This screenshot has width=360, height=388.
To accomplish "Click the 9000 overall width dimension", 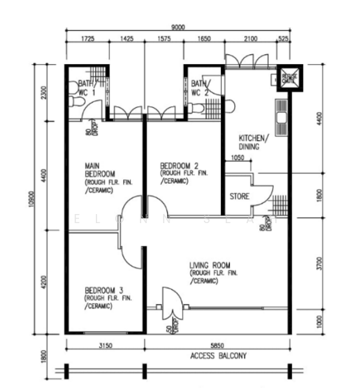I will [x=178, y=27].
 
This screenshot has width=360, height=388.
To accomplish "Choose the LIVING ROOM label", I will [x=210, y=265].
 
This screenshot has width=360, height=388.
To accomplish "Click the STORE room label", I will [x=240, y=197].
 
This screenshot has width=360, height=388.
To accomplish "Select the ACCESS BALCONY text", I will [x=218, y=356].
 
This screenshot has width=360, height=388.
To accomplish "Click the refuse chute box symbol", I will [x=289, y=78].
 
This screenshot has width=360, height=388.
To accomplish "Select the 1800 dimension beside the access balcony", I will [x=44, y=356].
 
